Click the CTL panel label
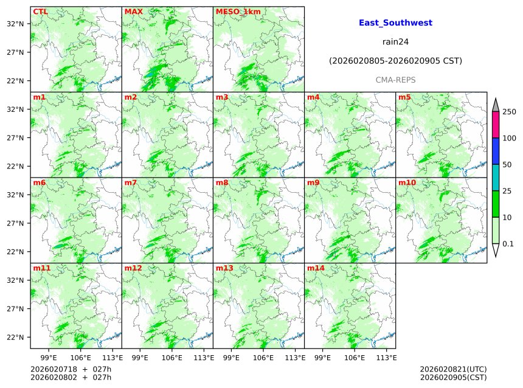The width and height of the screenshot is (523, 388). [x=40, y=12]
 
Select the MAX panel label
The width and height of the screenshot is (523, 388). [x=134, y=12]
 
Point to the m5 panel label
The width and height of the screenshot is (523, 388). [x=404, y=97]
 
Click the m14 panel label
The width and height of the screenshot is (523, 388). [x=316, y=268]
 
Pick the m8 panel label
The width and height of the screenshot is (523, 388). [x=222, y=182]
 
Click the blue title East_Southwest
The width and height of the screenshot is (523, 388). [x=395, y=23]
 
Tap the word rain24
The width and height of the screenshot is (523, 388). [x=395, y=42]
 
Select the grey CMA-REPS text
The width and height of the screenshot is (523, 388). [x=395, y=80]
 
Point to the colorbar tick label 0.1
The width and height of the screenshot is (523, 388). [x=508, y=244]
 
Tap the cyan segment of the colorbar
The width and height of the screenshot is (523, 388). [x=496, y=178]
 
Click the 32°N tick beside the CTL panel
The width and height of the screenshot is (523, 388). [x=15, y=24]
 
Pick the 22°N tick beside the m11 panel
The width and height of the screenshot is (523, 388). [x=15, y=338]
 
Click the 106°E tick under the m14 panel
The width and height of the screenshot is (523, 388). [x=355, y=358]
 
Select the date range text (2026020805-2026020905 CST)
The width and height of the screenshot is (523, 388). [x=395, y=61]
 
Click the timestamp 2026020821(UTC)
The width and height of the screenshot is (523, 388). [x=453, y=369]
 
